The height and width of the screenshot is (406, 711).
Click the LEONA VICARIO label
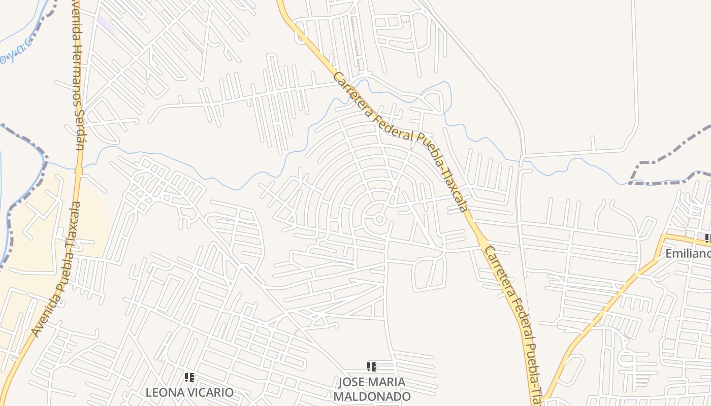(189, 392)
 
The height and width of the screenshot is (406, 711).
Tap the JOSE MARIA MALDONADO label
(372, 389)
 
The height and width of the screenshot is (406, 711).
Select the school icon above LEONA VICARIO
(189, 378)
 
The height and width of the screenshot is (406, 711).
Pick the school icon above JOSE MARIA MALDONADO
(372, 367)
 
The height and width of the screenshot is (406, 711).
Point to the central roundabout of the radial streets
(379, 219)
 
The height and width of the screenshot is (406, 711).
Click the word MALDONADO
(372, 396)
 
